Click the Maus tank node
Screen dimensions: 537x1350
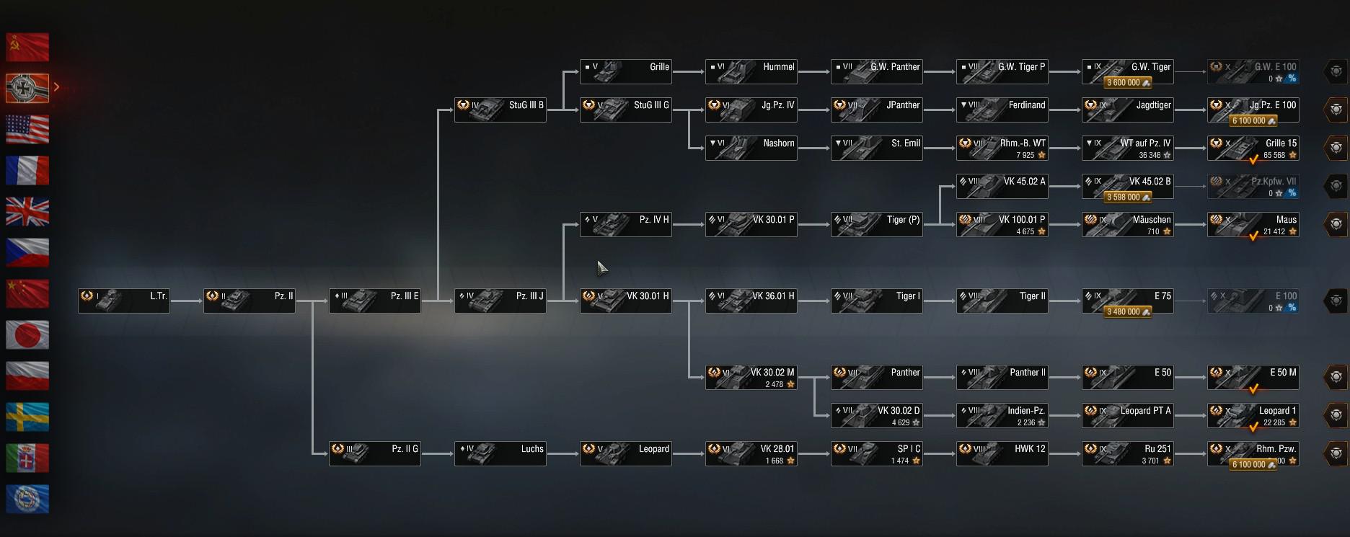pyautogui.click(x=1253, y=224)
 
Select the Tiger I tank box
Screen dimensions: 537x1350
pyautogui.click(x=876, y=301)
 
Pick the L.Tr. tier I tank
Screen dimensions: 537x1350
pyautogui.click(x=124, y=301)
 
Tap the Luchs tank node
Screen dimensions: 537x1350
pyautogui.click(x=500, y=453)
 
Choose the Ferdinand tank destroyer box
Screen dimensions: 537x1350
pyautogui.click(x=1002, y=110)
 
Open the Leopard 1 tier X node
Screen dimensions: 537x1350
pyautogui.click(x=1253, y=415)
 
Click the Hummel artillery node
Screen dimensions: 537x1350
pyautogui.click(x=751, y=71)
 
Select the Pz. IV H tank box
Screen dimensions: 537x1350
pyautogui.click(x=625, y=224)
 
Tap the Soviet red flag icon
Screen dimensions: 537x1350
pyautogui.click(x=27, y=47)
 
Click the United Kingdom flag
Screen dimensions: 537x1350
pyautogui.click(x=27, y=212)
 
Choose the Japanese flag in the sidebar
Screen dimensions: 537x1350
pyautogui.click(x=27, y=335)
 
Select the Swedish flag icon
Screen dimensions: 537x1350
pyautogui.click(x=27, y=417)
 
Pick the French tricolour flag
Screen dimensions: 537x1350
pyautogui.click(x=27, y=170)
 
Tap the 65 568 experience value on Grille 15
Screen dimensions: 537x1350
pyautogui.click(x=1274, y=155)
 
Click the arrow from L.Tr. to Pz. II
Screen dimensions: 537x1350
pyautogui.click(x=187, y=301)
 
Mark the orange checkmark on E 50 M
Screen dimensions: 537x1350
pyautogui.click(x=1253, y=389)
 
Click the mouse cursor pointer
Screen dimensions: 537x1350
pyautogui.click(x=601, y=267)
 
